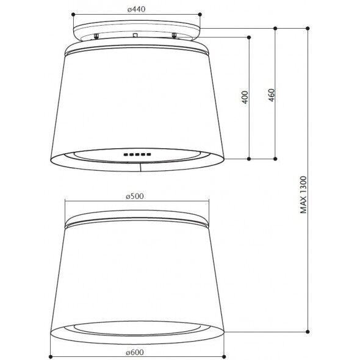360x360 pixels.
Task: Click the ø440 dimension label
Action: pos(137,9)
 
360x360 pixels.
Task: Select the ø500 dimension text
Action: pos(135,196)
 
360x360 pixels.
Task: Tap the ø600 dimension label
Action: pos(135,352)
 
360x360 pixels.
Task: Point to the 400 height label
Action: pos(245,98)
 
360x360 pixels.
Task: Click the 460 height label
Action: pos(272,95)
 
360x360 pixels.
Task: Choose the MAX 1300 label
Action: pos(303,195)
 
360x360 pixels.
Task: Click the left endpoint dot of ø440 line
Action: pos(73,15)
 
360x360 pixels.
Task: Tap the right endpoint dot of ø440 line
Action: pos(200,15)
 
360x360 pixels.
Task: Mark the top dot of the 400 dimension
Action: pos(249,37)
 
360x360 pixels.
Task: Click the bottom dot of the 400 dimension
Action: pos(249,159)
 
